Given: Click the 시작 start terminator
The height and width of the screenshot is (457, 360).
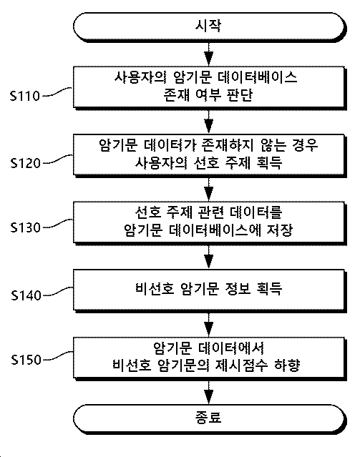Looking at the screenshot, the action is (x=209, y=26).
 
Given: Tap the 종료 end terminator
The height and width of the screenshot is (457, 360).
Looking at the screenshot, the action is (x=209, y=418).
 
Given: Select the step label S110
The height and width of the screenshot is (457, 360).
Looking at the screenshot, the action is (x=25, y=96).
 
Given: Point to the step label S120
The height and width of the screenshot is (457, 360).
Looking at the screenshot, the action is (x=25, y=163).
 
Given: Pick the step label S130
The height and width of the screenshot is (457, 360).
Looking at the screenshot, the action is (x=25, y=227).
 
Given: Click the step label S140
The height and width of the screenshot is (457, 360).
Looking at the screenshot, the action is (x=26, y=295).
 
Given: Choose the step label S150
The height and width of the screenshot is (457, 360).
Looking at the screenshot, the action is (x=26, y=360).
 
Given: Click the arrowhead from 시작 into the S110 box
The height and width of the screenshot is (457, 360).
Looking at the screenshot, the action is (x=208, y=59).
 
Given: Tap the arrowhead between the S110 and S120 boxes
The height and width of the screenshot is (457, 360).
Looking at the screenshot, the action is (x=208, y=127).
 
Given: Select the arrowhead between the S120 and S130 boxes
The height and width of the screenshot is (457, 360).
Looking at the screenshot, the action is (x=208, y=194).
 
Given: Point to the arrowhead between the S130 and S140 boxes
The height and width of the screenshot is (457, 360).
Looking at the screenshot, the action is (x=208, y=262).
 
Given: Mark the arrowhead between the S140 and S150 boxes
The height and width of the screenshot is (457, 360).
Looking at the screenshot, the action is (x=208, y=329).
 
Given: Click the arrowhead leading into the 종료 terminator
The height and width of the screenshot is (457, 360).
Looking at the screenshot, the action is (x=208, y=397).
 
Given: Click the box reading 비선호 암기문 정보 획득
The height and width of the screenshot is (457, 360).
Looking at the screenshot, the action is (x=209, y=290).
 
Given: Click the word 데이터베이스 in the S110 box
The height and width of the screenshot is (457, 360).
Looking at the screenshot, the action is (x=258, y=77).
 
